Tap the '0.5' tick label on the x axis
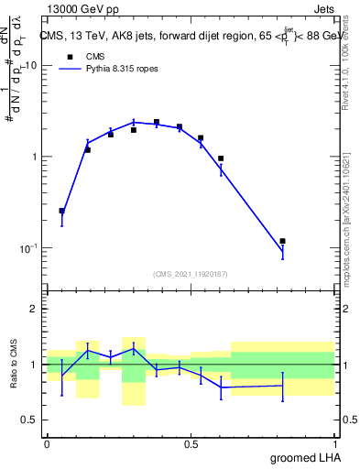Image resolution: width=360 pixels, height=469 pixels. pos(191,445)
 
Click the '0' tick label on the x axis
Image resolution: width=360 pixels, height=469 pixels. pos(47,445)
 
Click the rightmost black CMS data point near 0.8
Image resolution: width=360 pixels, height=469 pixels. pos(282,241)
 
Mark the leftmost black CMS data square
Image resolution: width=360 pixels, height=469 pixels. pos(61,211)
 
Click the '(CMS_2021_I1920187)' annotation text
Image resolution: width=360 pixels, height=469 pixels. pos(190,273)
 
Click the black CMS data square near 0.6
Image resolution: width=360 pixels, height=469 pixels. pos(221,158)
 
